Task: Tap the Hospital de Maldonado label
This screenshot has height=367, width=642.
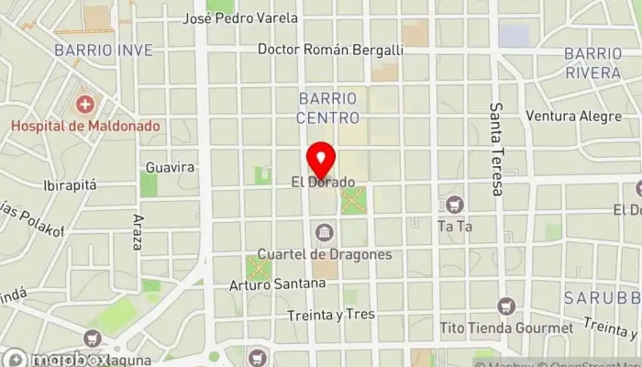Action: point(86,126)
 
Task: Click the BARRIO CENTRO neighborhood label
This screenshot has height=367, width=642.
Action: point(327,107)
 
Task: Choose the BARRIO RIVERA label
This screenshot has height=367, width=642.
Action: point(593,61)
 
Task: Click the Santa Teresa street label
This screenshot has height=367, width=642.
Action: point(496,149)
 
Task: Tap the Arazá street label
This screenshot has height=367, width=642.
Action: point(138,233)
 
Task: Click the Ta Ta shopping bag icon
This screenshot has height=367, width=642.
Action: point(455,204)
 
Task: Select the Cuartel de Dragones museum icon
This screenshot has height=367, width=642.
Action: point(323,233)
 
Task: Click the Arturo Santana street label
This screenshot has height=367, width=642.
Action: point(278,284)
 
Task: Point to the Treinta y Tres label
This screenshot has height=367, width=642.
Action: point(330,314)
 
